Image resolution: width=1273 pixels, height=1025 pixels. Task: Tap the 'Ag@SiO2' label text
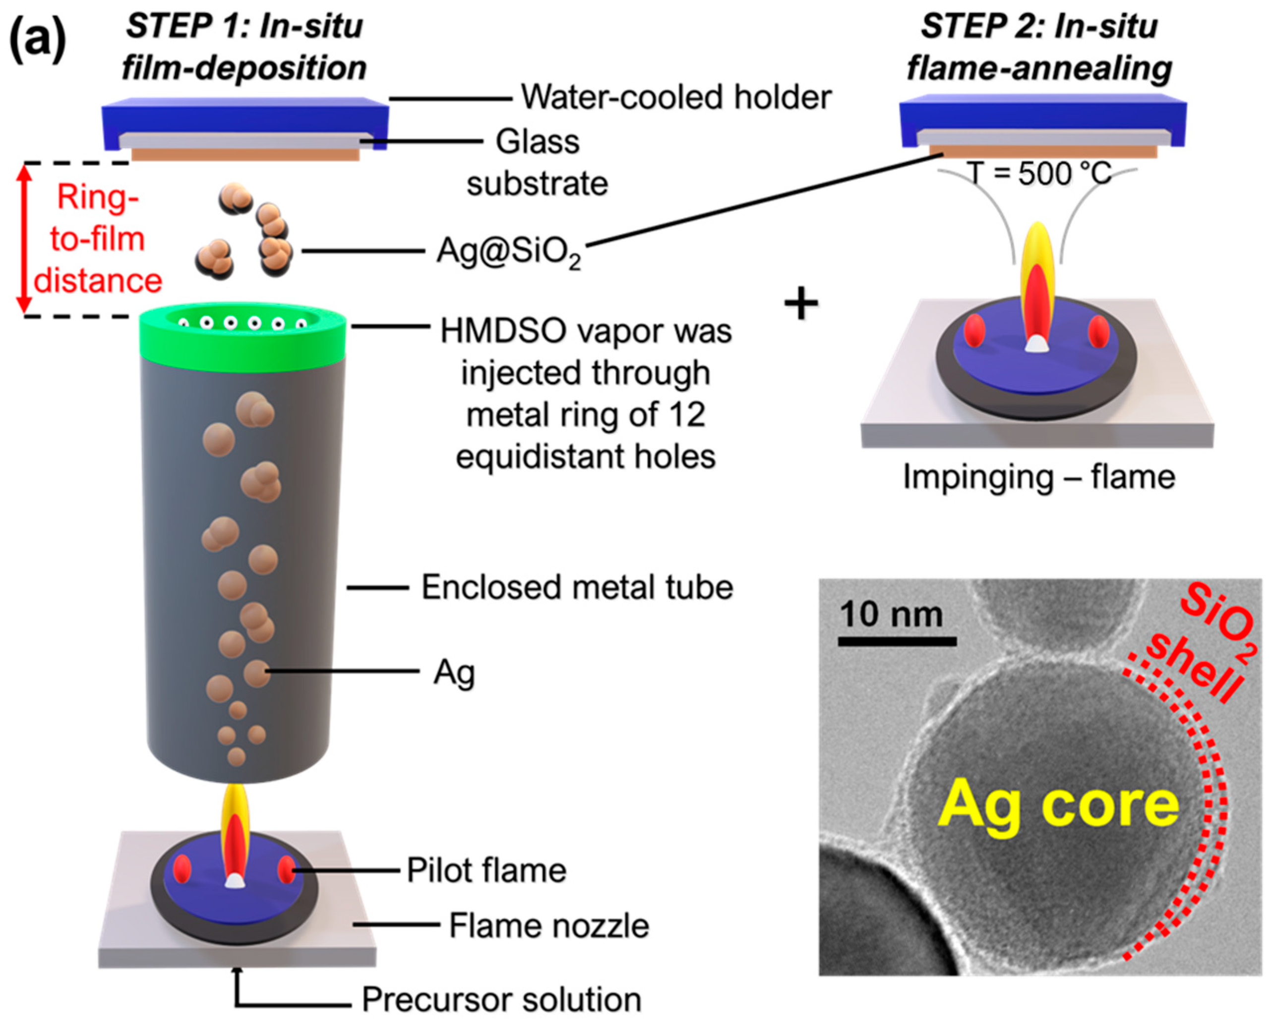tap(508, 252)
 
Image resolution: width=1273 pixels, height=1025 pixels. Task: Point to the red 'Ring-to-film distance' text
tap(98, 239)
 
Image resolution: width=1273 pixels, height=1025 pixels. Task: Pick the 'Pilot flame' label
tap(486, 870)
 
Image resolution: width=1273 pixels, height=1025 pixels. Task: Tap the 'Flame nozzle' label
tap(548, 925)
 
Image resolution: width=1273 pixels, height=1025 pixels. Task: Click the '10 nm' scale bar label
tap(891, 614)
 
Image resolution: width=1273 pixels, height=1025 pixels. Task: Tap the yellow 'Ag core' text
tap(1057, 805)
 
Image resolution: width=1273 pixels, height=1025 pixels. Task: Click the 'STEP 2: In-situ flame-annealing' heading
tap(1038, 47)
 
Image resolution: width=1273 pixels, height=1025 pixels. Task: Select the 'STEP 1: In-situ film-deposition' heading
tap(244, 47)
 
